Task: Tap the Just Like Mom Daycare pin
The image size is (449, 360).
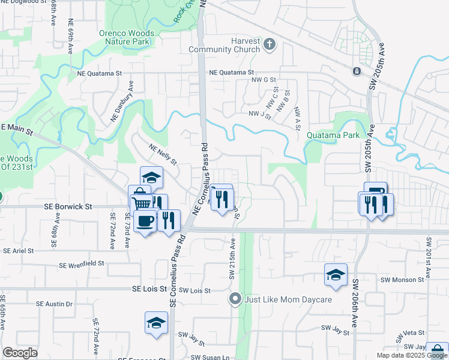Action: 235,298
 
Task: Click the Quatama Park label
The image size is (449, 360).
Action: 332,135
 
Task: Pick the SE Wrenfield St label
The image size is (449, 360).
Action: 82,263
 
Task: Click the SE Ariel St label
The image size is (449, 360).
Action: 20,251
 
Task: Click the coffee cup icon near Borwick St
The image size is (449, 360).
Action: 145,221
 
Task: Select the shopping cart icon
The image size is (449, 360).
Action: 142,204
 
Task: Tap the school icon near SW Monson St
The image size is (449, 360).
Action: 336,275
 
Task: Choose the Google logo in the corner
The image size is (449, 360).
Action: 19,353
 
